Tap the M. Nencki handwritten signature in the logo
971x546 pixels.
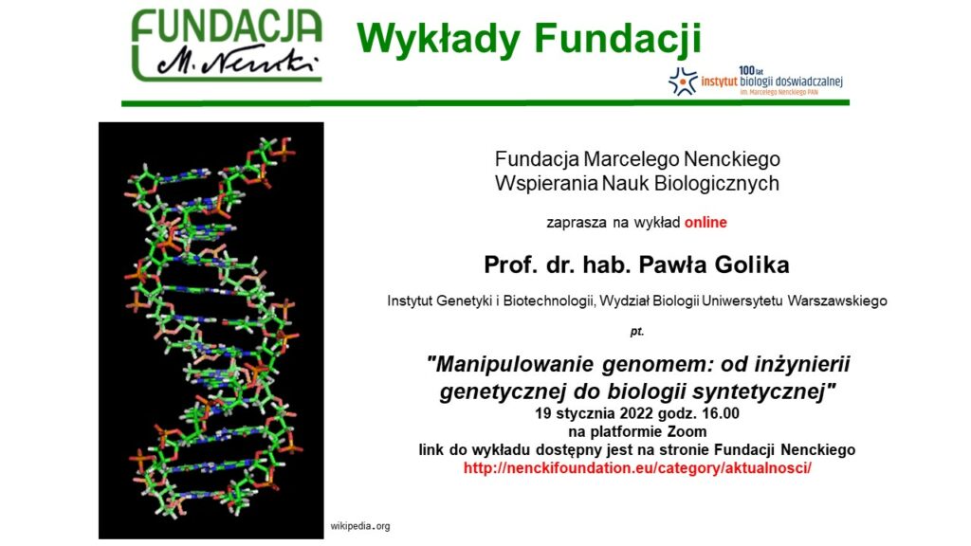[x=237, y=61]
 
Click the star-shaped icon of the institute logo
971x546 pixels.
[x=683, y=82]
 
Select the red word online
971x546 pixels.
[x=705, y=222]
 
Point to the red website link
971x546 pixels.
[x=637, y=468]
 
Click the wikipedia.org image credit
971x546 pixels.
[x=359, y=526]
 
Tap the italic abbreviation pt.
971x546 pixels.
[x=636, y=331]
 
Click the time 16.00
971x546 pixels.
[x=719, y=413]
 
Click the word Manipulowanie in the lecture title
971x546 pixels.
[x=515, y=364]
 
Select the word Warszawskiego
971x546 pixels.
[x=837, y=300]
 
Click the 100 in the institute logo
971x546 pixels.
[x=746, y=71]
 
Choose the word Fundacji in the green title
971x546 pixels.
[x=618, y=39]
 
